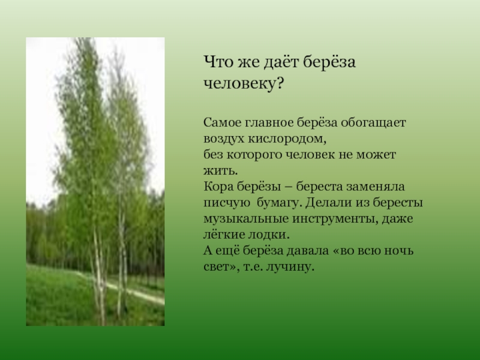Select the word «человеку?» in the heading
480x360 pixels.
click(x=244, y=83)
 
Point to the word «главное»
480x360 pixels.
click(x=268, y=123)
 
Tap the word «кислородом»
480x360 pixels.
click(x=287, y=139)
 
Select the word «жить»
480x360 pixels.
click(x=219, y=171)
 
